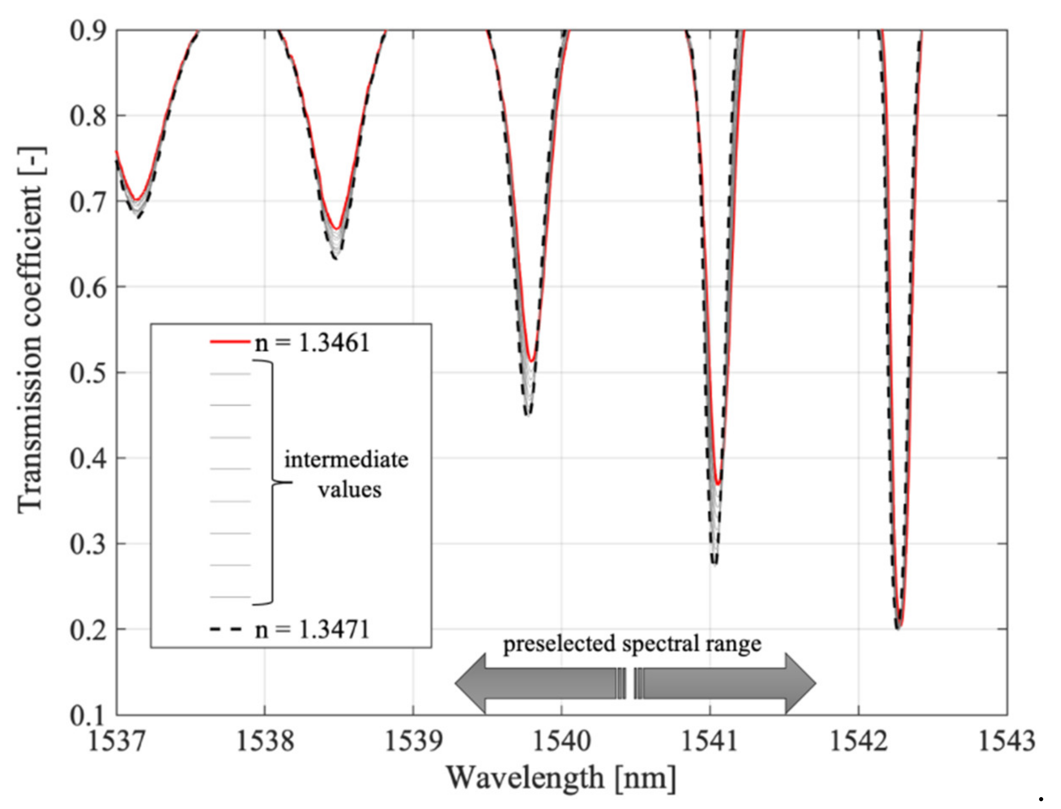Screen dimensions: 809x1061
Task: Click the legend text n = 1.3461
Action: click(312, 343)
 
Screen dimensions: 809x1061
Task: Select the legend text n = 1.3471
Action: click(312, 629)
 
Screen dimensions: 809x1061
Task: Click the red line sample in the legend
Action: click(230, 342)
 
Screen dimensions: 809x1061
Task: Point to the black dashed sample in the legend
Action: click(226, 629)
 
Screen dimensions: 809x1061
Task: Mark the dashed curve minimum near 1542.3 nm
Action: click(898, 628)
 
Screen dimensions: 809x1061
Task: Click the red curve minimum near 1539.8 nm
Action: click(531, 361)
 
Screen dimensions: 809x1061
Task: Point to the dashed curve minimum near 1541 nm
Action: click(715, 562)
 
